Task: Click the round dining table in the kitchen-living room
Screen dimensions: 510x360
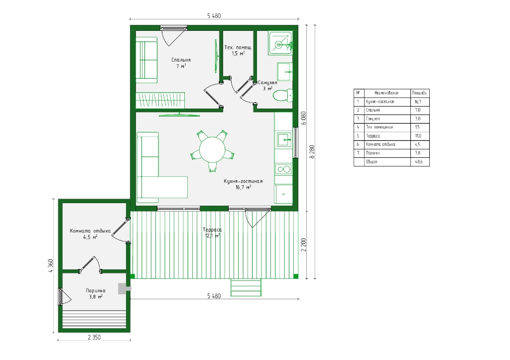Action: (212, 149)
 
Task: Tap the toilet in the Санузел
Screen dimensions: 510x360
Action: (282, 96)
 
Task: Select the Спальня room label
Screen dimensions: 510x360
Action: (181, 60)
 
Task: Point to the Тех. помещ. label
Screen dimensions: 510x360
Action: (238, 47)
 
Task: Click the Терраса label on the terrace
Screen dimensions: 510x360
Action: (212, 230)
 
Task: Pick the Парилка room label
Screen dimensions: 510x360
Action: (95, 291)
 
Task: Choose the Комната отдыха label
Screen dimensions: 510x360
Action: (90, 231)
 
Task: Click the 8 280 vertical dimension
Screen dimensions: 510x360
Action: (313, 151)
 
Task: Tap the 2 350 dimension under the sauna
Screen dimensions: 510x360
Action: (94, 337)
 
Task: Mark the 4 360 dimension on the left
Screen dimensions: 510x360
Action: (50, 266)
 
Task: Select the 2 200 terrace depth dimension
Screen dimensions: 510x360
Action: (303, 245)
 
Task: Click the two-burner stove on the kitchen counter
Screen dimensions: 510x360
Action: (283, 169)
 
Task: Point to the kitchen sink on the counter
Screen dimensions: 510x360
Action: (284, 140)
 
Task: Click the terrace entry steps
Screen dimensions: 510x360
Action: (246, 287)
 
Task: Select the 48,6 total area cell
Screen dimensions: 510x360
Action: (418, 162)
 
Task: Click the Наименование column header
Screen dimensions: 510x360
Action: (386, 93)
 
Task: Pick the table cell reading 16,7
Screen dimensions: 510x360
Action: (418, 102)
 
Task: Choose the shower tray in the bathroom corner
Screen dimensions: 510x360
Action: (280, 43)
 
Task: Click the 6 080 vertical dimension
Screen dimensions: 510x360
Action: (303, 118)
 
